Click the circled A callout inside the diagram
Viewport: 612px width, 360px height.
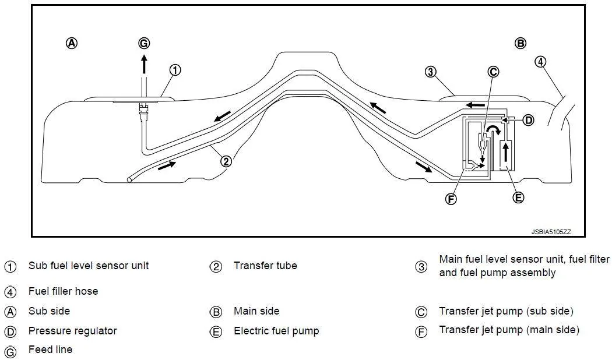pyautogui.click(x=72, y=43)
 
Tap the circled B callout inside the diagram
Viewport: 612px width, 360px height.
pyautogui.click(x=520, y=43)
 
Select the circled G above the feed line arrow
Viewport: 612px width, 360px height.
pyautogui.click(x=144, y=43)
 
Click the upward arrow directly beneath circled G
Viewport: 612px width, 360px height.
pyautogui.click(x=144, y=64)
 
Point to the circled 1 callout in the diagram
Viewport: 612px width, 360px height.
pyautogui.click(x=175, y=70)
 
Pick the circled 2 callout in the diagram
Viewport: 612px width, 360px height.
pyautogui.click(x=226, y=161)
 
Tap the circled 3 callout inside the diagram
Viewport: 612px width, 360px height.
pyautogui.click(x=430, y=72)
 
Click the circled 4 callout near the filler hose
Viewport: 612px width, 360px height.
pyautogui.click(x=540, y=62)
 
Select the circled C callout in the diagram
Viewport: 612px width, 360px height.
pyautogui.click(x=493, y=72)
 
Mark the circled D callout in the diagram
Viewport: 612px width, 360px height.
pyautogui.click(x=528, y=120)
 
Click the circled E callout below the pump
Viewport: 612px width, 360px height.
pyautogui.click(x=518, y=197)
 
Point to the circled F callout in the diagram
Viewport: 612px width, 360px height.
pyautogui.click(x=451, y=199)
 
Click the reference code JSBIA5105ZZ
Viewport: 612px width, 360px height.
pyautogui.click(x=551, y=232)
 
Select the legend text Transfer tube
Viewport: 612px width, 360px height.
pyautogui.click(x=265, y=266)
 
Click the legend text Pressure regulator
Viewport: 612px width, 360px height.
pyautogui.click(x=73, y=331)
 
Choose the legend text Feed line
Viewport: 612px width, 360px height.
pyautogui.click(x=50, y=350)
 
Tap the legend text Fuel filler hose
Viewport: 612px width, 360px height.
pyautogui.click(x=63, y=291)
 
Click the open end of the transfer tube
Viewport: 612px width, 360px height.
pyautogui.click(x=129, y=179)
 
